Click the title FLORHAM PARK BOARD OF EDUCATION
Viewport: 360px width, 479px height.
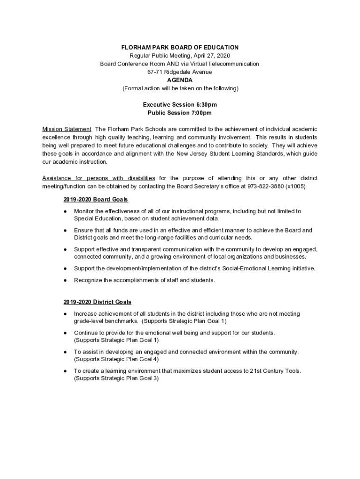pyautogui.click(x=180, y=47)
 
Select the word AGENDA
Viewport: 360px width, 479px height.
pyautogui.click(x=180, y=80)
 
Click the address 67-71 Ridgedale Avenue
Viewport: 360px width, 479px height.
pyautogui.click(x=180, y=72)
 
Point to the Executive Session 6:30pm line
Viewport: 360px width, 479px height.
pyautogui.click(x=180, y=105)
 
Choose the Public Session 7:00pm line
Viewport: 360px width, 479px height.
pyautogui.click(x=180, y=113)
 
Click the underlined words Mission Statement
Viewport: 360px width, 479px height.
pyautogui.click(x=67, y=129)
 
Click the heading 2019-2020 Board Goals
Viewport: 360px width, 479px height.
pyautogui.click(x=96, y=200)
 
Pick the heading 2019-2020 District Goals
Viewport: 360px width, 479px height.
pyautogui.click(x=97, y=302)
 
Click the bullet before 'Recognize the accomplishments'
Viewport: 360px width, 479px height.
pyautogui.click(x=65, y=281)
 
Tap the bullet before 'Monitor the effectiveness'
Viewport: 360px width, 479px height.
pyautogui.click(x=65, y=211)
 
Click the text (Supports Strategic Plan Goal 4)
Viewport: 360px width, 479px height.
pyautogui.click(x=116, y=359)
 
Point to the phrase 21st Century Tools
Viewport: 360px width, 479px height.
pyautogui.click(x=274, y=371)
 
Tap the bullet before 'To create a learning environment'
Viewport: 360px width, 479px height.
pyautogui.click(x=65, y=371)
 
